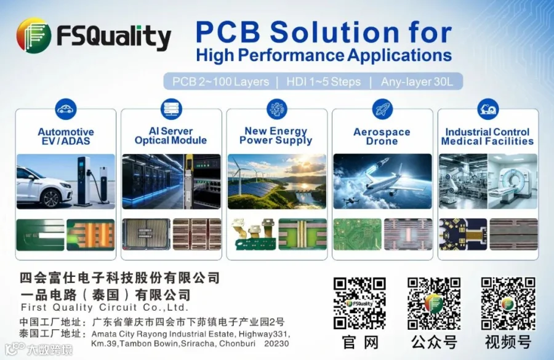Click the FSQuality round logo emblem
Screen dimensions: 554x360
point(34,36)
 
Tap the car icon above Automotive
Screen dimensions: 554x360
point(66,109)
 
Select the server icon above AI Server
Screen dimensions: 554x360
point(171,109)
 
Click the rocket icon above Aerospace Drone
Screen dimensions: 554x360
point(383,109)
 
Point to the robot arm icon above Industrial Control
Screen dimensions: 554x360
point(488,109)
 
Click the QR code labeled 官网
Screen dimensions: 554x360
point(359,303)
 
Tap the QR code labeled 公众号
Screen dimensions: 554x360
point(434,303)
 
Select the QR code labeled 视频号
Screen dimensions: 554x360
point(508,303)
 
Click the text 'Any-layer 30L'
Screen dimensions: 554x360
point(417,82)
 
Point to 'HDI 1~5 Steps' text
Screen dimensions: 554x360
point(323,82)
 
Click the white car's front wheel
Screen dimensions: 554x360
point(51,198)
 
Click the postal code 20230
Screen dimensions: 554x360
point(276,343)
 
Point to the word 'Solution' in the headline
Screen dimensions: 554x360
point(334,32)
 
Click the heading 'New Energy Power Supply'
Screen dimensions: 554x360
point(276,135)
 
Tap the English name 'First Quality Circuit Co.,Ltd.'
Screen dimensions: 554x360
point(105,307)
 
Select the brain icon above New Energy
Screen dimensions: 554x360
point(277,109)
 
